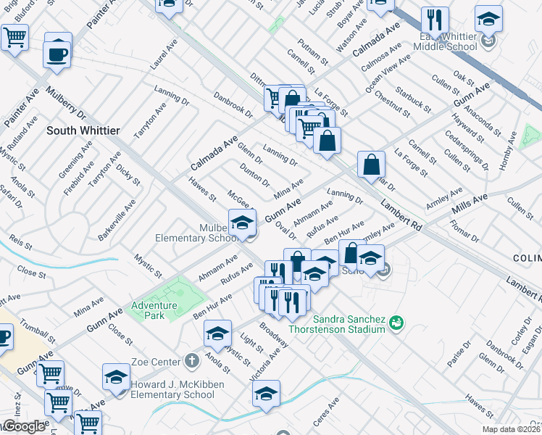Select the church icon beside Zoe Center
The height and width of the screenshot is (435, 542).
click(191, 360)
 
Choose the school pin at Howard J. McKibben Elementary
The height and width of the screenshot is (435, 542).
click(116, 378)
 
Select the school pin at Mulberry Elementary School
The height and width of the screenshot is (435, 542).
click(242, 222)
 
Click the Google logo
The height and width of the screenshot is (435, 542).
click(23, 427)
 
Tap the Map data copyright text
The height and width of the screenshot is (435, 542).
click(512, 429)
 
